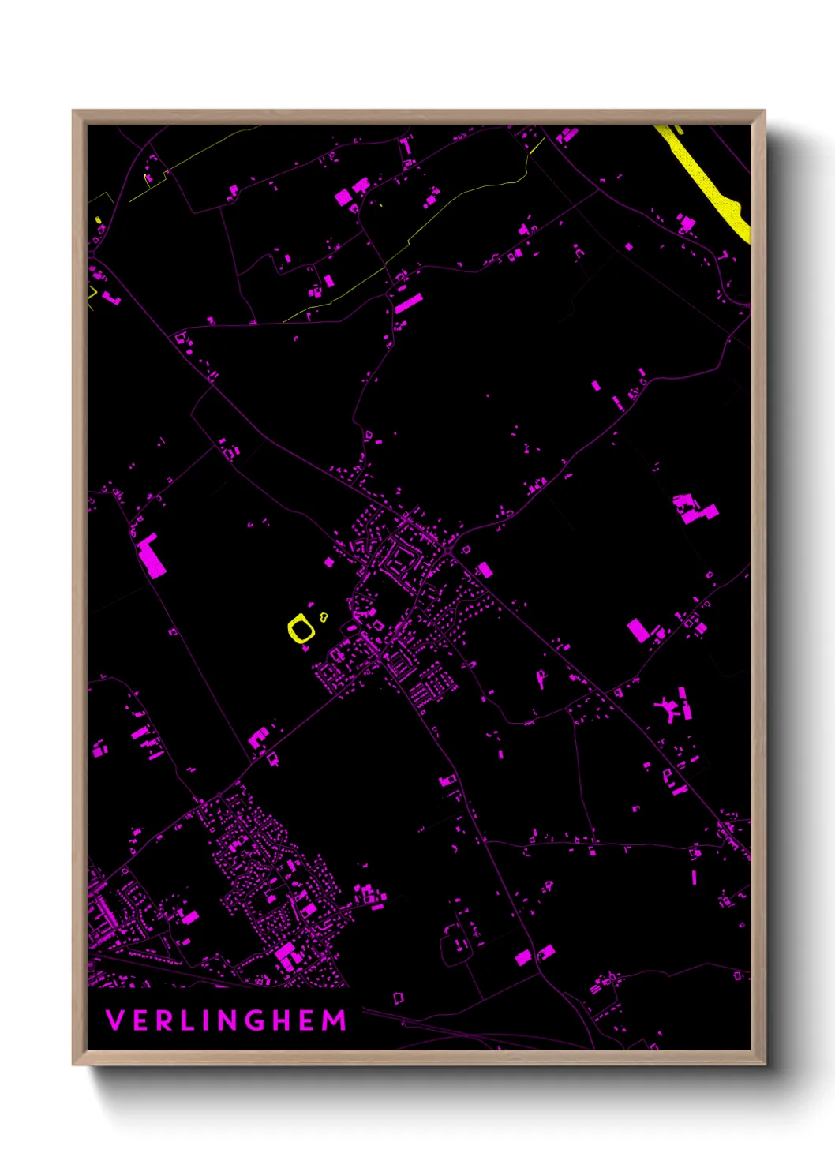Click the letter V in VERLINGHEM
[x=114, y=1020]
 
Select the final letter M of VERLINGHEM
[x=335, y=1020]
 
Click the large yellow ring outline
[x=301, y=629]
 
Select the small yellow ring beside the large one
[x=324, y=617]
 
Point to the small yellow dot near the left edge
[x=99, y=220]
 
